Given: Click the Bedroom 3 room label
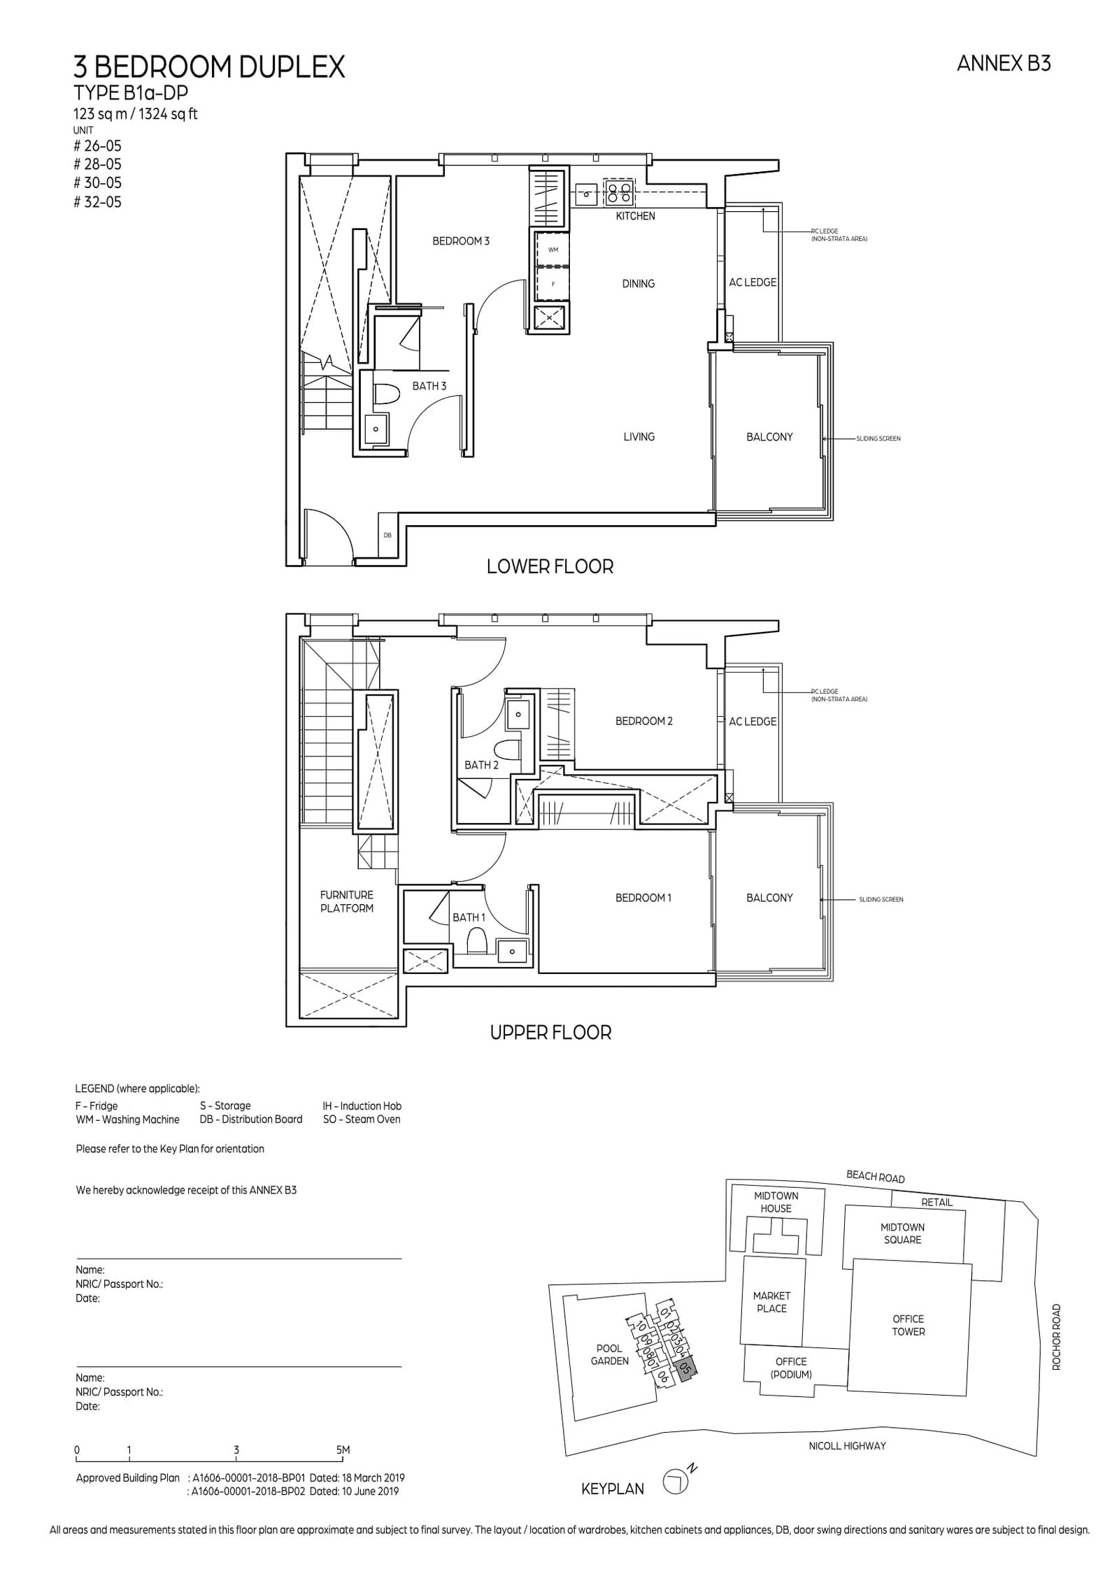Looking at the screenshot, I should pos(460,241).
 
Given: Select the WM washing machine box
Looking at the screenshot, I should pos(553,249).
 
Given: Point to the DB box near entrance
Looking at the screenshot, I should pos(387,535).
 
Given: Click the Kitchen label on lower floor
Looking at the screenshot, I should pos(635,216).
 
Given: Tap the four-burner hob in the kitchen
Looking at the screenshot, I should pos(620,192).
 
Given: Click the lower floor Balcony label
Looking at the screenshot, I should pos(769,437).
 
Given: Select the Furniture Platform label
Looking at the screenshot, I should pos(347,901).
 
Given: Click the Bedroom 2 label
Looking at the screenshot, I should pos(643,721).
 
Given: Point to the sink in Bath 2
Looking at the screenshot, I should pos(518,714).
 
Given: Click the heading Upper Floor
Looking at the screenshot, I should pos(550,1033).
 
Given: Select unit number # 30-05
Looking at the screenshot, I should pos(97,183).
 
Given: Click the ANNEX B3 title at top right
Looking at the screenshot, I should pos(1003,64).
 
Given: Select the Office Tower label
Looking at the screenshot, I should pos(908,1325).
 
